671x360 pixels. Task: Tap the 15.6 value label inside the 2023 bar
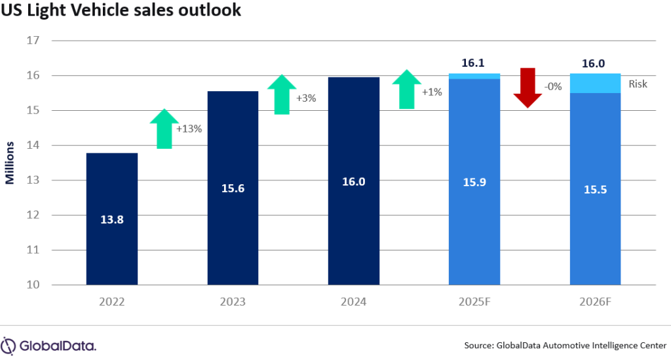[233, 188]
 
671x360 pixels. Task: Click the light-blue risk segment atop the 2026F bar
[595, 83]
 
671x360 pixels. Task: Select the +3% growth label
[307, 98]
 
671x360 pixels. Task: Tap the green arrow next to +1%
[407, 89]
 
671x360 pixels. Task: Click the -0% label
[552, 86]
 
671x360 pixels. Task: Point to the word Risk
[638, 84]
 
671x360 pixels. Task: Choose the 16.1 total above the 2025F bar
[474, 62]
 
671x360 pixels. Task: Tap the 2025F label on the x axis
[474, 302]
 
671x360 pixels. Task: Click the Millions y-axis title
[10, 163]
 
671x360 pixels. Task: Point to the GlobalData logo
[49, 345]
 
